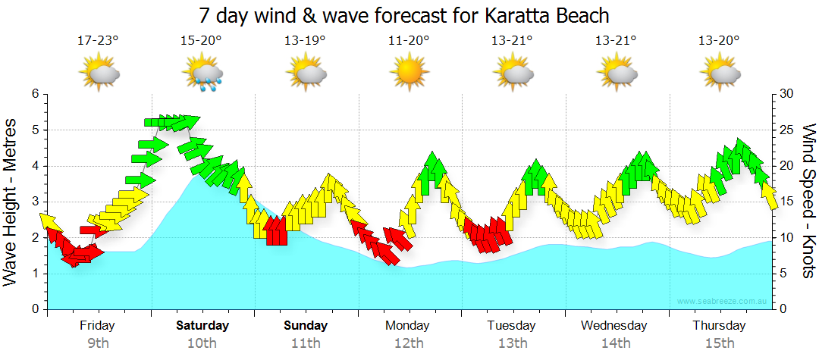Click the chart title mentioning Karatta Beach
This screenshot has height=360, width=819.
coord(404,15)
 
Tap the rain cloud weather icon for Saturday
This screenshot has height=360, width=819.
coord(202,74)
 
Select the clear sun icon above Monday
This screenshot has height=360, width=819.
coord(409,74)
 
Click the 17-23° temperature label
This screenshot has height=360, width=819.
coord(98,40)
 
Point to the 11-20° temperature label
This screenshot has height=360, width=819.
coord(409,40)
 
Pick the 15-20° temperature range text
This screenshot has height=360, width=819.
coord(201,40)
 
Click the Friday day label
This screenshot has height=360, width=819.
coord(98,326)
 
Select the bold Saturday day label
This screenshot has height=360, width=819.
coord(202,326)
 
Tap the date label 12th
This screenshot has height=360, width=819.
coord(409,343)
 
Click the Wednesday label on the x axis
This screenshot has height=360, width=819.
coord(614,326)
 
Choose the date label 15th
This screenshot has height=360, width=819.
coord(718,343)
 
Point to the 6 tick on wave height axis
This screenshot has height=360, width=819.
coord(35,94)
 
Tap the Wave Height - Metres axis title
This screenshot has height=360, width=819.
coord(12,202)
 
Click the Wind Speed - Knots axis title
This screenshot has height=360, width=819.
coord(808,202)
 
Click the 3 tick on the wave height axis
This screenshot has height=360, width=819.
coord(35,202)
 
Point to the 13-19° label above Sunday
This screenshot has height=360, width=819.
coord(305,40)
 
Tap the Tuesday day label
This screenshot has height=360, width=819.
coord(511,326)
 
